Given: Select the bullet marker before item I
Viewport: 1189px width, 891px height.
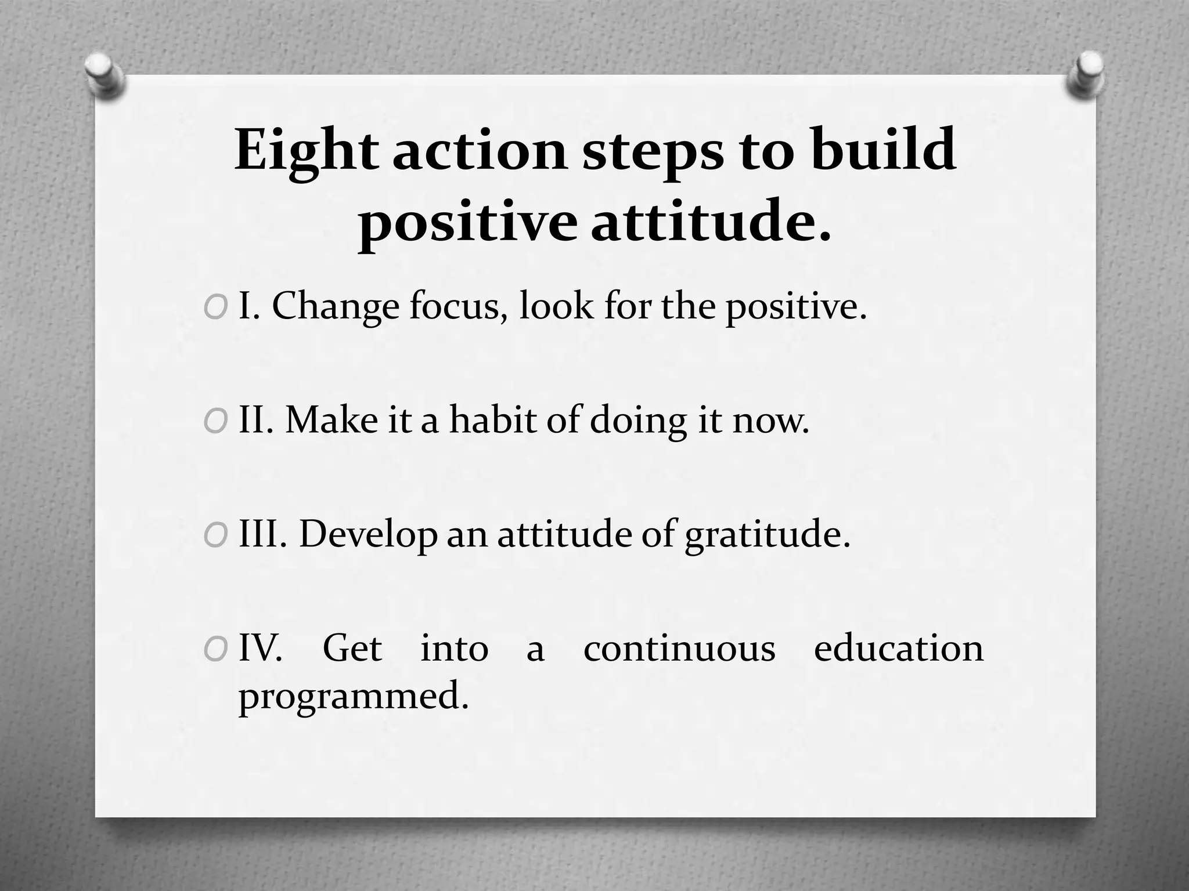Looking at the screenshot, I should (x=215, y=308).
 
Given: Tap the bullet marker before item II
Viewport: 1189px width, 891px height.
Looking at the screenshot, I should (x=215, y=422).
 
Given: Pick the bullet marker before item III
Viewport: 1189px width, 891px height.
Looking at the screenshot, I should (x=215, y=536).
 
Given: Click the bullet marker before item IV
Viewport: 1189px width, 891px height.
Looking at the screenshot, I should (x=215, y=650).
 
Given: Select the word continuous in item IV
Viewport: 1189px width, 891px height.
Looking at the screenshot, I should (x=679, y=649).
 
